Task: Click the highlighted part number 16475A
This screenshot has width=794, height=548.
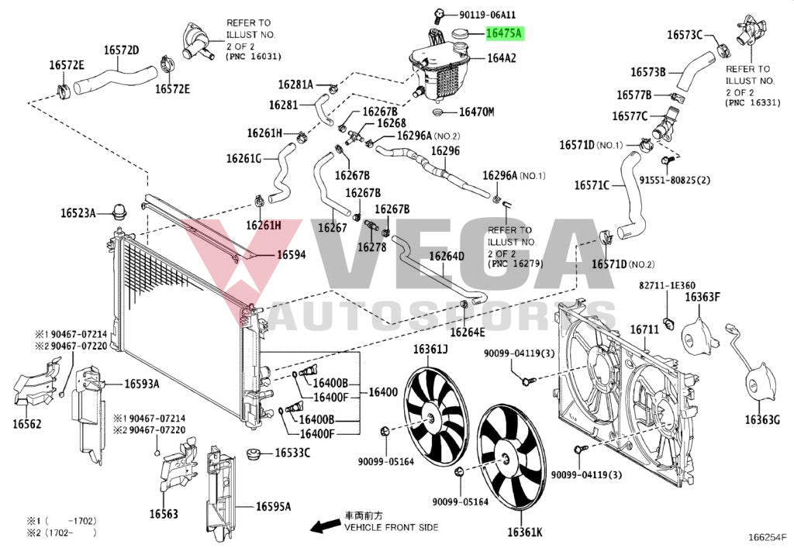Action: coord(504,33)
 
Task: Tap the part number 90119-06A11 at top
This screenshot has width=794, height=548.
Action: coord(487,14)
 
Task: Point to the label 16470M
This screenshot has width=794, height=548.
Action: coord(476,112)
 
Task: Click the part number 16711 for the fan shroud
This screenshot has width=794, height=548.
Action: coord(644,329)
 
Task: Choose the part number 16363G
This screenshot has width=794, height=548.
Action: coord(762,419)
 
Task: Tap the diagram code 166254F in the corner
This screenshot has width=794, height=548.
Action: coord(768,536)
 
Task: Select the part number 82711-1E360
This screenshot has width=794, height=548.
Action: coord(667,286)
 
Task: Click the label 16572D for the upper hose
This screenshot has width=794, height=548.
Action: coord(122,50)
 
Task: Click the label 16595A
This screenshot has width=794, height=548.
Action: coord(274,506)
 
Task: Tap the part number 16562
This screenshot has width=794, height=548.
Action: coord(27,424)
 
